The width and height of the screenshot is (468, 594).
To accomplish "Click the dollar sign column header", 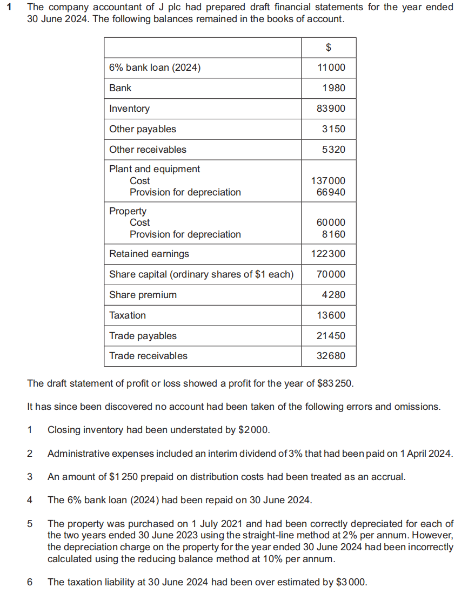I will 329,48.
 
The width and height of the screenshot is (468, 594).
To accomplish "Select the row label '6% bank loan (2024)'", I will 155,67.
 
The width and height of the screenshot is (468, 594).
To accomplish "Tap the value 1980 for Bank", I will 333,88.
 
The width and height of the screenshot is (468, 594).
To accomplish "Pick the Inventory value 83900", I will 331,109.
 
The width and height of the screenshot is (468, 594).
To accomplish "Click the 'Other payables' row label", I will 143,129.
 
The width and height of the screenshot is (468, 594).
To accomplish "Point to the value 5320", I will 333,150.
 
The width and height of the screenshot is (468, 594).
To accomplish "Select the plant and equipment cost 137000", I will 329,181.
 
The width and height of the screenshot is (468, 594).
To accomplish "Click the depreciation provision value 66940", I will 331,192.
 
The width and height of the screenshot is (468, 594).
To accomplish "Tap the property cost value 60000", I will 331,222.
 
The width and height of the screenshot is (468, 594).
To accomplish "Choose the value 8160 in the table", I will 333,234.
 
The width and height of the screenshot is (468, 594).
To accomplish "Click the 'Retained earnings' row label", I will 149,254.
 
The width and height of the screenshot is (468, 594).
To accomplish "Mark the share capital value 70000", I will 331,274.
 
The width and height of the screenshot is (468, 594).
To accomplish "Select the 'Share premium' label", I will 143,295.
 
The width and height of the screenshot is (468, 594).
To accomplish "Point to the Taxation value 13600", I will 331,315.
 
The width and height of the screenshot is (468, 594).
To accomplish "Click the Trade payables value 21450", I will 331,336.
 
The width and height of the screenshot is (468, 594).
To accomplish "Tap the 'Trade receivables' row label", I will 148,356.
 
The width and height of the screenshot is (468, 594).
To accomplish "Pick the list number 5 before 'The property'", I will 30,523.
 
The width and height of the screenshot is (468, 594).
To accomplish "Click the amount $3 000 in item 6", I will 351,582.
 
